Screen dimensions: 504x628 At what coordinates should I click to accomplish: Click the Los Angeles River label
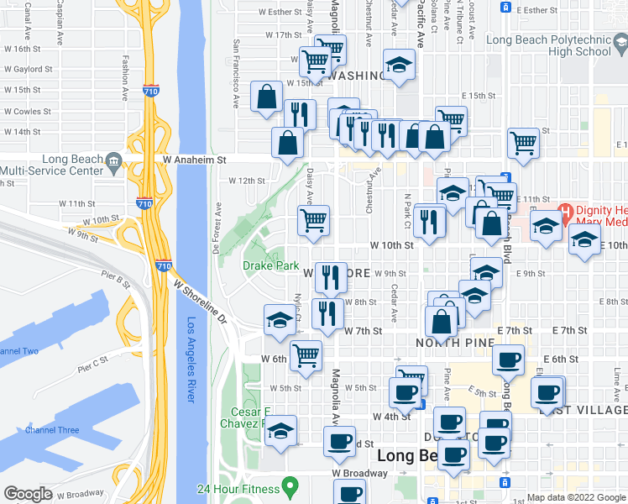pos(191,360)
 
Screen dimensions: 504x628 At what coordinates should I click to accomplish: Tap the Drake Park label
pos(271,265)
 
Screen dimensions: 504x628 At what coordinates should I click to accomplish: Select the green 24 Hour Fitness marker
pos(291,485)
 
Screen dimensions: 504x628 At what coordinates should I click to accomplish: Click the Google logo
pos(28,494)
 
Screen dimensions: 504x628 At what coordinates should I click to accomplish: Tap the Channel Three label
pos(52,430)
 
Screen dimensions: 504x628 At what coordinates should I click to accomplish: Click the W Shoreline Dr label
pos(201,303)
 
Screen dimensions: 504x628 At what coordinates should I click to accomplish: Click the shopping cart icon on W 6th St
pos(306,354)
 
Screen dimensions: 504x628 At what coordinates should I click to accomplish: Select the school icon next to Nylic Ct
pos(280,318)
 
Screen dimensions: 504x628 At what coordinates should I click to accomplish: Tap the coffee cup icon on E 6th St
pos(508,360)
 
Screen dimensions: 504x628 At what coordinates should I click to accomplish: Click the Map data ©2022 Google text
pos(575,497)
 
